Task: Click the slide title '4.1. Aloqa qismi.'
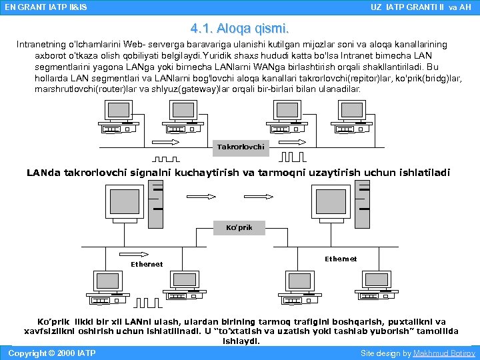click(239, 29)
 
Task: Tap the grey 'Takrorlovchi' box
click(241, 147)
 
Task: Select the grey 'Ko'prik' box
click(239, 227)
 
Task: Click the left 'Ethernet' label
click(147, 264)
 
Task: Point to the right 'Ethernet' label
click(341, 259)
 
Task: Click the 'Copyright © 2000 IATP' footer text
click(51, 353)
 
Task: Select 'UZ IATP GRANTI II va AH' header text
click(420, 7)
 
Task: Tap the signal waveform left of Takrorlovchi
click(167, 159)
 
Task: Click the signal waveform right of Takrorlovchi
click(293, 158)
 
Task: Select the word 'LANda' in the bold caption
click(43, 173)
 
